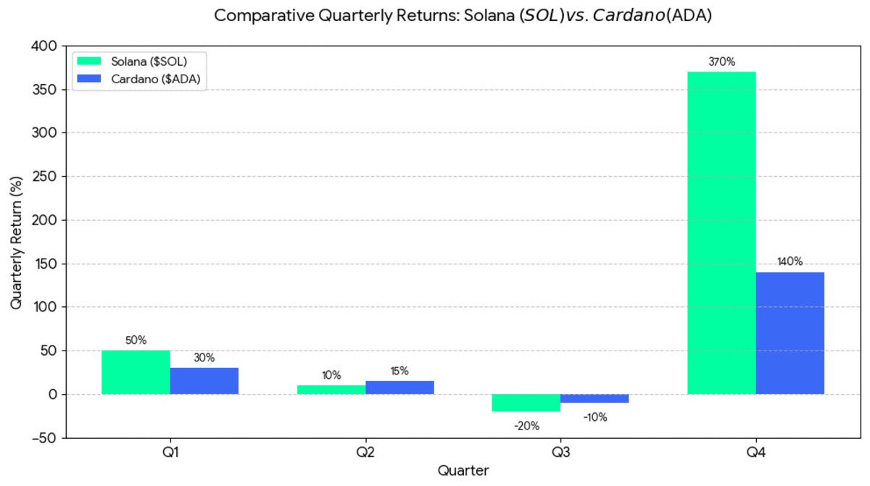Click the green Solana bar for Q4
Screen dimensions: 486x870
[721, 232]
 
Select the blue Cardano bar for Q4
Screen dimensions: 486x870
[790, 333]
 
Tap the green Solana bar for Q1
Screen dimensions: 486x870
[136, 372]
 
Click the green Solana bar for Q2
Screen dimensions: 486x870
[331, 390]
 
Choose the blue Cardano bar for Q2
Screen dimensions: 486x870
[399, 387]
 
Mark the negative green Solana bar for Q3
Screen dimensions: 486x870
[526, 403]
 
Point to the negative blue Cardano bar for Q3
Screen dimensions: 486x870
[594, 398]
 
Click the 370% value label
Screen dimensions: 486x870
[721, 62]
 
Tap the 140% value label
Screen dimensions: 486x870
[790, 262]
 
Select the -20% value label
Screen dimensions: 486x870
[526, 426]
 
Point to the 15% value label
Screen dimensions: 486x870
[399, 371]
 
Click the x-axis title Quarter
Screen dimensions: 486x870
[463, 471]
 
